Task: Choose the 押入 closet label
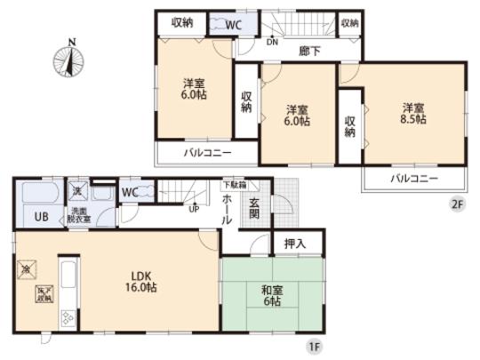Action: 295,242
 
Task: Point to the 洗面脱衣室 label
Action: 80,216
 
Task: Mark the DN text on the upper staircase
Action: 275,40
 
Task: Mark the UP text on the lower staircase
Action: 193,210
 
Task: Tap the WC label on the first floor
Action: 130,192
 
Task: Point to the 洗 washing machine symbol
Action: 79,192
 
